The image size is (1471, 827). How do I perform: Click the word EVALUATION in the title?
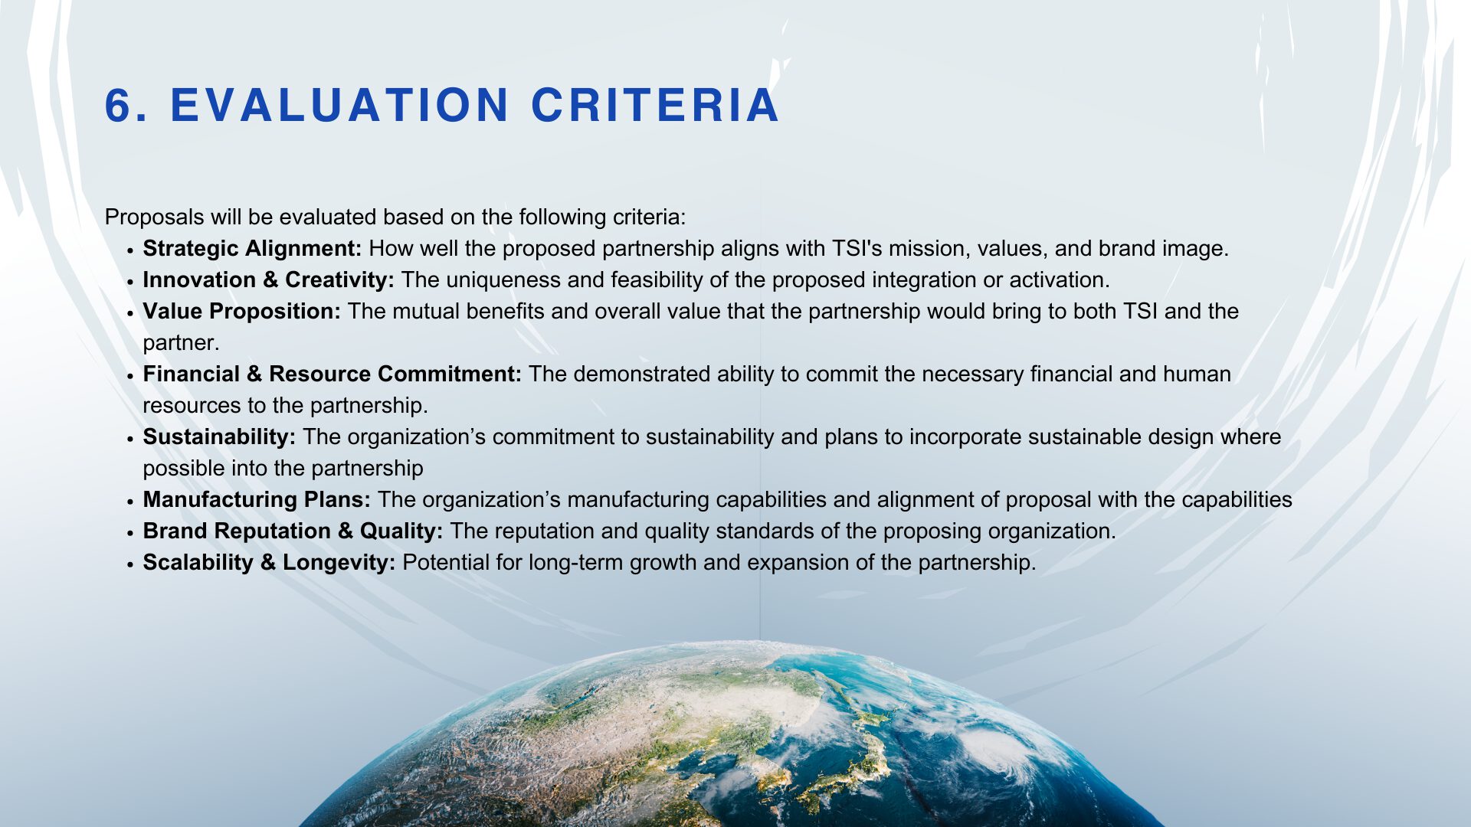pos(339,105)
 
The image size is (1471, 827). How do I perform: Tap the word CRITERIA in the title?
pos(655,105)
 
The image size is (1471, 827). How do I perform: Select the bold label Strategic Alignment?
pos(252,249)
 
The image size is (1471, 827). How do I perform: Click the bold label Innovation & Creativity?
pos(268,280)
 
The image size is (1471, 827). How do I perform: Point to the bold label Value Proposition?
pos(241,312)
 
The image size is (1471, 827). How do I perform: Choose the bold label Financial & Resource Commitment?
pos(332,374)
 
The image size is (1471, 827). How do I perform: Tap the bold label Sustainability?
pos(219,437)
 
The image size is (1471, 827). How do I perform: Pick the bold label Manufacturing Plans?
pos(257,500)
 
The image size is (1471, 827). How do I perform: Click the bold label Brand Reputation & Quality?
pos(293,531)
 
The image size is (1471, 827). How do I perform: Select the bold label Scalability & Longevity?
pos(269,563)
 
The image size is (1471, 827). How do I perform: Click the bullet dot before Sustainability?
pos(131,439)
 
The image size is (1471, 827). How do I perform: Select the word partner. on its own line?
pos(181,344)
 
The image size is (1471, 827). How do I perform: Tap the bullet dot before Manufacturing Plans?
pos(131,502)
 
